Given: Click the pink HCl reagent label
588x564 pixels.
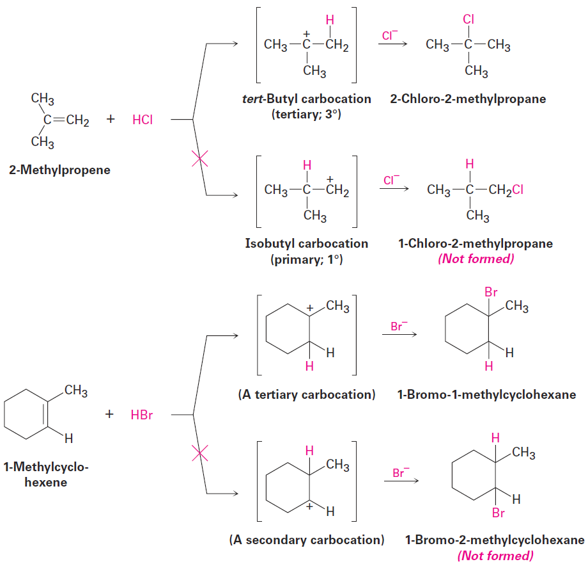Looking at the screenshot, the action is [143, 120].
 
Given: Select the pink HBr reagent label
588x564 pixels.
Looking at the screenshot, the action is [142, 415].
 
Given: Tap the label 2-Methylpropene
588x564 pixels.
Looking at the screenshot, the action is [59, 170].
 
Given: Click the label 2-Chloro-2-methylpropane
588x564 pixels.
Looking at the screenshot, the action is [468, 99].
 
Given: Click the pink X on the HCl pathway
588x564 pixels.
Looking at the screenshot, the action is [199, 159].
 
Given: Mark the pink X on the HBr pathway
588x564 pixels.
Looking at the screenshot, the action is [199, 453].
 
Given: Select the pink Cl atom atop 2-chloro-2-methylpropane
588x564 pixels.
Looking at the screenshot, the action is [468, 19].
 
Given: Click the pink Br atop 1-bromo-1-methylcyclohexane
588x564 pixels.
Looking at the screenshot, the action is [491, 292].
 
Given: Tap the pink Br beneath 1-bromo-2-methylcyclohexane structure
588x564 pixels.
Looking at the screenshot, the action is [499, 513].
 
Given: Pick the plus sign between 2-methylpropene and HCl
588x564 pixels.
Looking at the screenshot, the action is [110, 119].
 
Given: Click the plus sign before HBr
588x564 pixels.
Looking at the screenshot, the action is [109, 414].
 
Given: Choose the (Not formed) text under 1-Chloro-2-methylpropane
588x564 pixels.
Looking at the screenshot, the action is [476, 259].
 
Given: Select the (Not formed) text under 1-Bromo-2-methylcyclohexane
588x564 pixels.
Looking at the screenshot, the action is [495, 556].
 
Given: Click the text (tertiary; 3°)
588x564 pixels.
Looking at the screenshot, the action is [306, 114].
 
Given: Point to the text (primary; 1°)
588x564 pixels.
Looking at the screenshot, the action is [306, 259].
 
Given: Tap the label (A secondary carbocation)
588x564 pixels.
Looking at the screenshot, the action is [307, 540].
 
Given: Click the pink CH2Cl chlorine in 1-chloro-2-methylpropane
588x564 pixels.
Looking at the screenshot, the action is [518, 189].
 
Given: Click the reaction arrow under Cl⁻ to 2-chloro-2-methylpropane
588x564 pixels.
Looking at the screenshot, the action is [392, 44].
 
